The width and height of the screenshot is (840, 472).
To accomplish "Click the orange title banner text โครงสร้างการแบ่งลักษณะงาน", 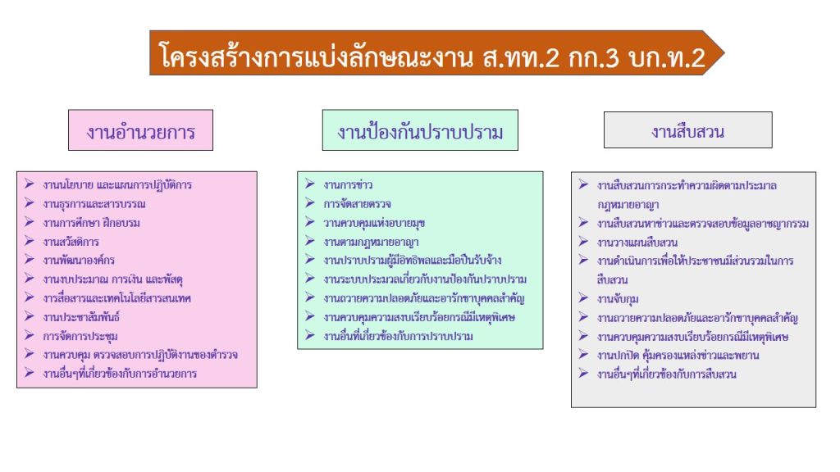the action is click(316, 57).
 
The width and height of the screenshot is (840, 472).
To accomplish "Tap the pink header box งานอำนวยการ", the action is click(140, 130).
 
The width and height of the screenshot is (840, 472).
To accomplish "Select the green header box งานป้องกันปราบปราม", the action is click(420, 130).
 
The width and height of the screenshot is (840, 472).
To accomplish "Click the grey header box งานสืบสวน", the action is click(688, 129).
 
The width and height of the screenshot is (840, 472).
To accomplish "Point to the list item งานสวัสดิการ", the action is click(71, 242).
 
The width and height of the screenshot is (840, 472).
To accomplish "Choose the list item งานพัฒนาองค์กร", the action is click(79, 261).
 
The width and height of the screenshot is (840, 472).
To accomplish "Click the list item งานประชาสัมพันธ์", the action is click(81, 317).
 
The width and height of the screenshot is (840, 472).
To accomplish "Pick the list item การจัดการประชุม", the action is click(80, 337).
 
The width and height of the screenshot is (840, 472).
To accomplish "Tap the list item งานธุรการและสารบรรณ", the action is click(94, 204).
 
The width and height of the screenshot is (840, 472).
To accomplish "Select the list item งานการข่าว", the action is click(348, 185).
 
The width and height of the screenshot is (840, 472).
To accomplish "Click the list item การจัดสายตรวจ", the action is click(358, 204).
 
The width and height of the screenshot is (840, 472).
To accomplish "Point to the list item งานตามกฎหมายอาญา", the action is click(372, 243).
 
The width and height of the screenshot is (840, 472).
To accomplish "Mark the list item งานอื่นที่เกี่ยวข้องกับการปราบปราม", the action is click(398, 337).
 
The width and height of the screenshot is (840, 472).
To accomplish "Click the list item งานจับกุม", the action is click(618, 299).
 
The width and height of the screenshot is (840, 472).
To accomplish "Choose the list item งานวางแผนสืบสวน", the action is click(637, 243).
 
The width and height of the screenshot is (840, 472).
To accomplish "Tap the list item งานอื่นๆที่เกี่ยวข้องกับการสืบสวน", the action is click(666, 374).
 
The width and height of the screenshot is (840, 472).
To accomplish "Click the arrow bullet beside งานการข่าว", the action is click(309, 184).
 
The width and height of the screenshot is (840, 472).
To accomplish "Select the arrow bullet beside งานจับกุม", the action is click(583, 298).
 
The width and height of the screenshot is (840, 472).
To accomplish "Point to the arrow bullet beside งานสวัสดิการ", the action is click(30, 241).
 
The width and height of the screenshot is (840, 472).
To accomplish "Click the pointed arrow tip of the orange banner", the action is click(724, 53).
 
